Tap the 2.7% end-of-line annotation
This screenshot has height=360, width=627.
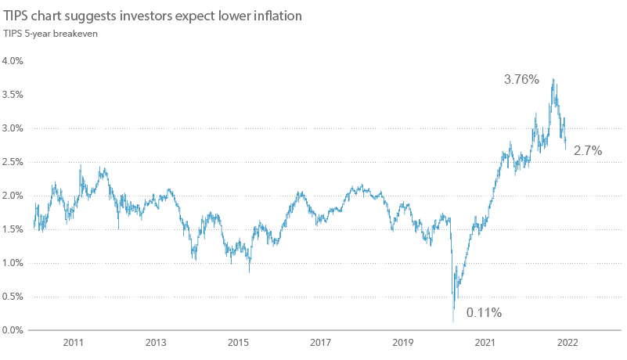pos(587,151)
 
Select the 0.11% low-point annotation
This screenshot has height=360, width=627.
pos(484,313)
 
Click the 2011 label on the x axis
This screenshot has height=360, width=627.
pos(74,344)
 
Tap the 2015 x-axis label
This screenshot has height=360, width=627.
pos(238,344)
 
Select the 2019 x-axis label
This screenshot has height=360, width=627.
pos(402,344)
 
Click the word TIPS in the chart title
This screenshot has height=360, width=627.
pos(15,16)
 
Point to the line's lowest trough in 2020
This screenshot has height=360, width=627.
pos(453,321)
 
